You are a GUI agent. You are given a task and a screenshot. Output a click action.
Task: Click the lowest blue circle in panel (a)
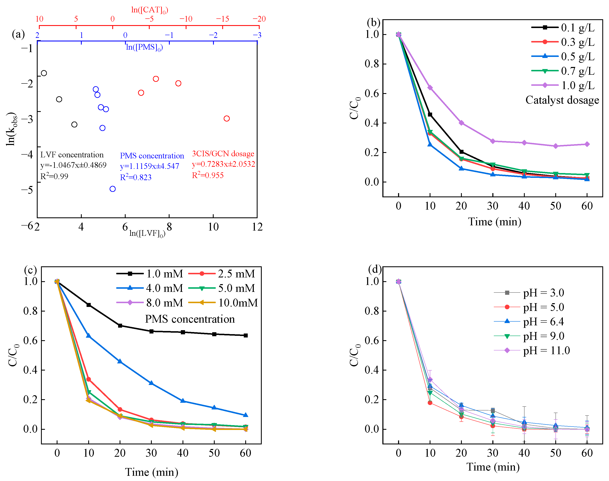(112, 189)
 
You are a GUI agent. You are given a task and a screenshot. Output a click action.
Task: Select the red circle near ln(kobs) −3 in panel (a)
(227, 119)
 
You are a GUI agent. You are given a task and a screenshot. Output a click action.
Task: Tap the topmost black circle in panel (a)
(44, 73)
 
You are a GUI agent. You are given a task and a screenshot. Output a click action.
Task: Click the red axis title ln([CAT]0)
(150, 10)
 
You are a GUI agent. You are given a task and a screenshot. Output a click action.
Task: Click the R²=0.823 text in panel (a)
(136, 177)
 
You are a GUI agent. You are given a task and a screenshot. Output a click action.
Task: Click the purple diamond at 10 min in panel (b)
(430, 88)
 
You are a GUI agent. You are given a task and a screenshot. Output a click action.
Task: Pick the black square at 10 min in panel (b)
(430, 115)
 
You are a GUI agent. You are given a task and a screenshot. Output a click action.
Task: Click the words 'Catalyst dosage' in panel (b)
(562, 100)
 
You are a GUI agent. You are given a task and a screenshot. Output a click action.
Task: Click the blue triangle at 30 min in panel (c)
(151, 383)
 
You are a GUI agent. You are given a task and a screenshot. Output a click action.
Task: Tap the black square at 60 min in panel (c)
(246, 335)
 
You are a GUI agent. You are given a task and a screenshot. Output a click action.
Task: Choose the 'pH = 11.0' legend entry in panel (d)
(546, 351)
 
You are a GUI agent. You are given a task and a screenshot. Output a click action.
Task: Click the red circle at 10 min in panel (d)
(430, 403)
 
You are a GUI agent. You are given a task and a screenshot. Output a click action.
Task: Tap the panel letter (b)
(373, 23)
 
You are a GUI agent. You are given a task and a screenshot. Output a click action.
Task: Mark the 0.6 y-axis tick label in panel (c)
(30, 341)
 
